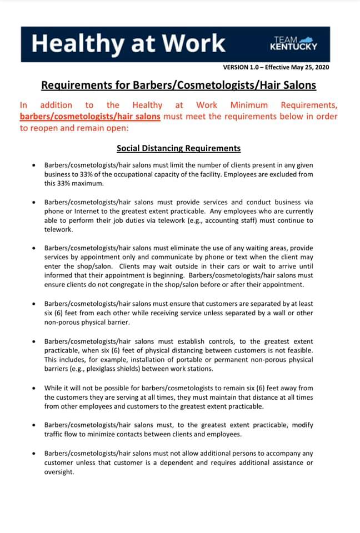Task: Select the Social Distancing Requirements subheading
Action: (178, 148)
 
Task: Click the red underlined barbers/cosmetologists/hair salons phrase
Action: (90, 117)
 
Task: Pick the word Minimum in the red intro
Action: (249, 105)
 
